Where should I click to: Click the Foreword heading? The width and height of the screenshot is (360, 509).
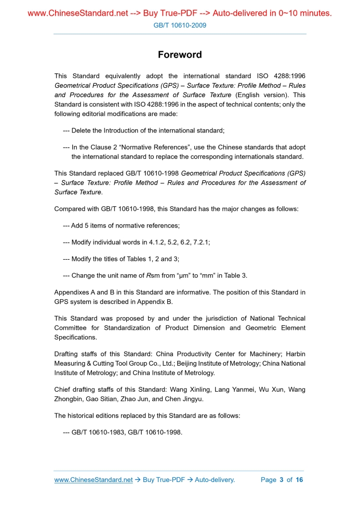click(180, 55)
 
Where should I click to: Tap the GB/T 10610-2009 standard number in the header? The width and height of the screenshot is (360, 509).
click(180, 25)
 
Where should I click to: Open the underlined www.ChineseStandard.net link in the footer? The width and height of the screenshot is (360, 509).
click(94, 479)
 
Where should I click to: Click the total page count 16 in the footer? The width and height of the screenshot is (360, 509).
click(299, 479)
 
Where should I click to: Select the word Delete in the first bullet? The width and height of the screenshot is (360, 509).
click(82, 130)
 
